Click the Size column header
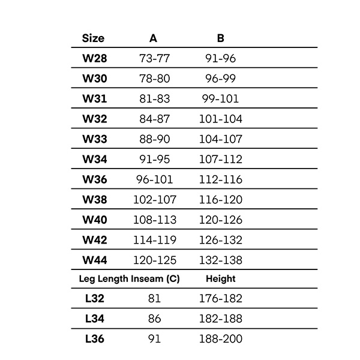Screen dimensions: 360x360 point(93,38)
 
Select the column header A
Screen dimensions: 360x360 point(154,38)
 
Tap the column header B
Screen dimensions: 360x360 point(221,38)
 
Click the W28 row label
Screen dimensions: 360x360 point(94,59)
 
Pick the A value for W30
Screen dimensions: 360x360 point(154,79)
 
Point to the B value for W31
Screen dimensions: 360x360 point(221,99)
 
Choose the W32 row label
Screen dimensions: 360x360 point(94,119)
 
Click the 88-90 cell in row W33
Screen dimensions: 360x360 point(154,139)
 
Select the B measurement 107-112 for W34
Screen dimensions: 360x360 point(221,159)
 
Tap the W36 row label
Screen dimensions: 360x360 point(94,179)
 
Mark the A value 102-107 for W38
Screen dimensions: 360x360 point(154,199)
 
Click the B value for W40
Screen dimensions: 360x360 point(221,220)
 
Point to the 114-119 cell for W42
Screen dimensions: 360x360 point(154,240)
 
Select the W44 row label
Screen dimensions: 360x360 point(94,260)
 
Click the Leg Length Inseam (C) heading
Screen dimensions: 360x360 point(130,279)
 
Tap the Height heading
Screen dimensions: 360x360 point(221,279)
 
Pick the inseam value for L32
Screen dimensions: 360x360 point(154,299)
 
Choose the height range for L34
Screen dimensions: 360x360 point(221,319)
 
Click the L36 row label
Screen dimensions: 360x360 point(95,339)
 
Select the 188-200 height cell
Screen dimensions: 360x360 point(221,339)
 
